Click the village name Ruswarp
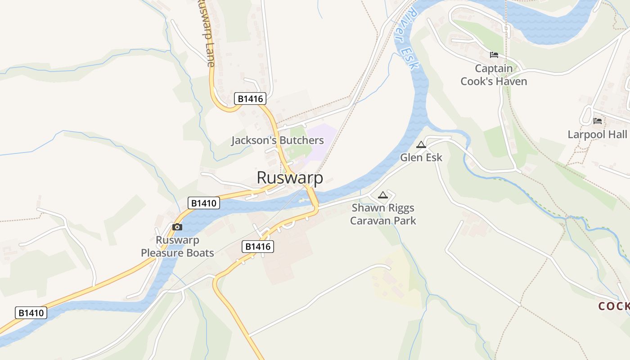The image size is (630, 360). [290, 178]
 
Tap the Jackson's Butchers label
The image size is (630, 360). [278, 140]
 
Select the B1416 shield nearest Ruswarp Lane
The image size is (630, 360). [250, 99]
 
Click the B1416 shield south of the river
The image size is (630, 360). [258, 246]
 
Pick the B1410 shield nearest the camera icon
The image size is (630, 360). [203, 203]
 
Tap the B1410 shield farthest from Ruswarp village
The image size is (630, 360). [31, 313]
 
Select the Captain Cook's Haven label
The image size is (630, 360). [494, 75]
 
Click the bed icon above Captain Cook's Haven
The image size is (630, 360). [494, 55]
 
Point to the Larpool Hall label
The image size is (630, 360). [597, 134]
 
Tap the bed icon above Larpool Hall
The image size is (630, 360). [598, 121]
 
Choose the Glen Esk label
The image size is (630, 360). [421, 157]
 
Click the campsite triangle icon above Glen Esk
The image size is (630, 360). [421, 144]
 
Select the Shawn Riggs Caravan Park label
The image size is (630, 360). [383, 214]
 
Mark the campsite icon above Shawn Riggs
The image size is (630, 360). [382, 195]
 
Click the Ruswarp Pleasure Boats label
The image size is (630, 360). [177, 247]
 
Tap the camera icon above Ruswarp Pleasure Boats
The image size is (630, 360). [177, 227]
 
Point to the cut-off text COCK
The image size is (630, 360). [614, 306]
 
